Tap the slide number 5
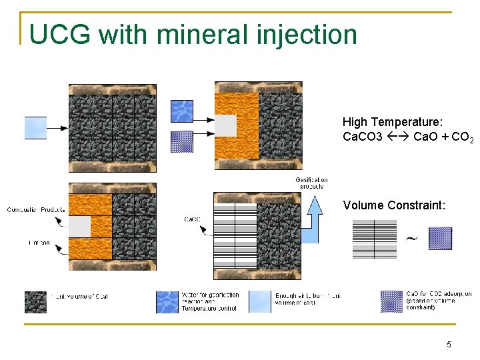pos(449,344)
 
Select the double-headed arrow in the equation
pos(397,137)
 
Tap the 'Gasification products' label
pos(311,183)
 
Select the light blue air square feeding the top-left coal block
pos(35,127)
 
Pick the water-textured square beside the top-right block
pos(182,111)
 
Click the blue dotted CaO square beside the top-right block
pos(182,141)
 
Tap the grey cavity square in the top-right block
pos(225,125)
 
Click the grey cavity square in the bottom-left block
pos(79,226)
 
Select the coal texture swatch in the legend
pos(35,301)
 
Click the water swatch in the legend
pos(167,301)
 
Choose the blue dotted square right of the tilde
pos(440,238)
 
